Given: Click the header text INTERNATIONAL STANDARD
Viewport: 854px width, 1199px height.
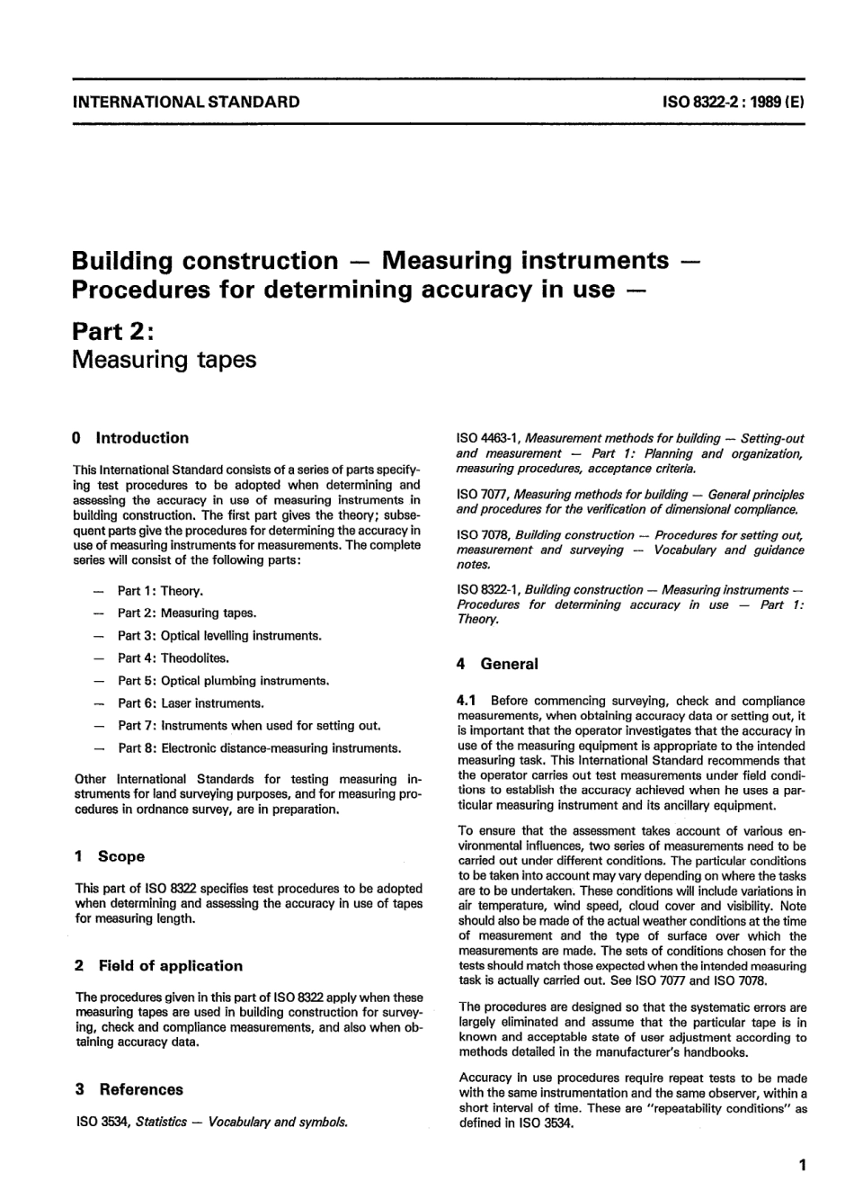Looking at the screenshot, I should pos(186,102).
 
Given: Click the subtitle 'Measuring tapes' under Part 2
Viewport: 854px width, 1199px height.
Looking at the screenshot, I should pos(164,360).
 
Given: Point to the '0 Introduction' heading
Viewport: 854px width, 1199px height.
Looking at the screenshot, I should pos(131,438).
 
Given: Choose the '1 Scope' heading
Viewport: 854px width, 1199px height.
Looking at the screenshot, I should pos(110,856).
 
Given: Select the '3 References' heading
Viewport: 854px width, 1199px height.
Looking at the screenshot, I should pos(129,1089).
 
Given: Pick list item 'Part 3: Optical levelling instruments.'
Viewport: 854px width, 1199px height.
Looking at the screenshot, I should pos(218,636).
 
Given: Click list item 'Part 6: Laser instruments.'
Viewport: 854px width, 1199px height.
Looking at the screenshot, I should pos(191,703).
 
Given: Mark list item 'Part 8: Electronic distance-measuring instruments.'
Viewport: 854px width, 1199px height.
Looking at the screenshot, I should pos(259,748).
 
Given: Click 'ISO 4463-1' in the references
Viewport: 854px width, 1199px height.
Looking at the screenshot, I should pos(485,438).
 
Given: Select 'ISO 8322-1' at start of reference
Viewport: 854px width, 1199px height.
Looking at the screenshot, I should pos(486,590).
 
